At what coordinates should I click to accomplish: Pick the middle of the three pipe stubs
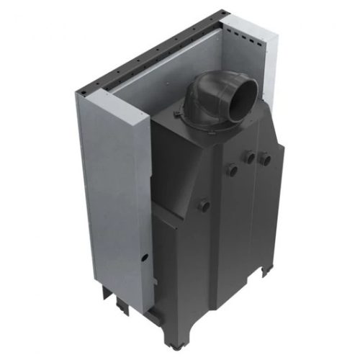pyautogui.click(x=248, y=156)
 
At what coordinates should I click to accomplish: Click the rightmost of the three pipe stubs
pyautogui.click(x=264, y=158)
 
